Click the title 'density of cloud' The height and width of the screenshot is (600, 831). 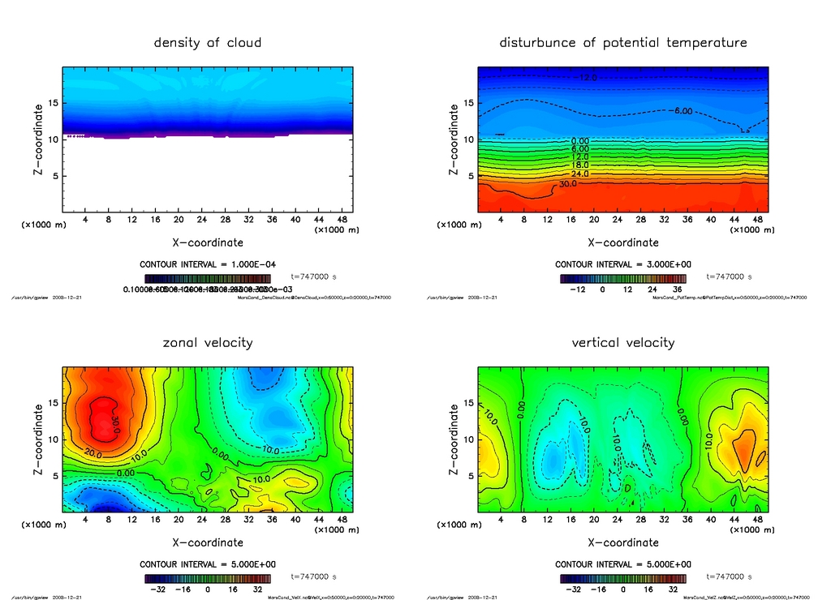pyautogui.click(x=208, y=42)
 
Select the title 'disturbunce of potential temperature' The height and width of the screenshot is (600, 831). pyautogui.click(x=622, y=42)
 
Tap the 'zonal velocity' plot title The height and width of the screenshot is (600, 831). pyautogui.click(x=208, y=342)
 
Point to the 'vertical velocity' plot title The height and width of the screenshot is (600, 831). pyautogui.click(x=622, y=342)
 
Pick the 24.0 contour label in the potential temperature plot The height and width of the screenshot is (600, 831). pyautogui.click(x=579, y=174)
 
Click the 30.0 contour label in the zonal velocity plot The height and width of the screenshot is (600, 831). pyautogui.click(x=115, y=423)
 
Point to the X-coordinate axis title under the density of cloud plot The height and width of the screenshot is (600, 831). pyautogui.click(x=208, y=242)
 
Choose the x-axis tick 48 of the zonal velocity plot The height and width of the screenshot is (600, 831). pyautogui.click(x=341, y=519)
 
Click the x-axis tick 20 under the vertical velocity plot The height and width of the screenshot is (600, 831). pyautogui.click(x=594, y=519)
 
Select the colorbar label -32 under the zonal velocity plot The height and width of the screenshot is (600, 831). pyautogui.click(x=157, y=589)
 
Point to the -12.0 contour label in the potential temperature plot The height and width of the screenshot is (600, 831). pyautogui.click(x=586, y=78)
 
